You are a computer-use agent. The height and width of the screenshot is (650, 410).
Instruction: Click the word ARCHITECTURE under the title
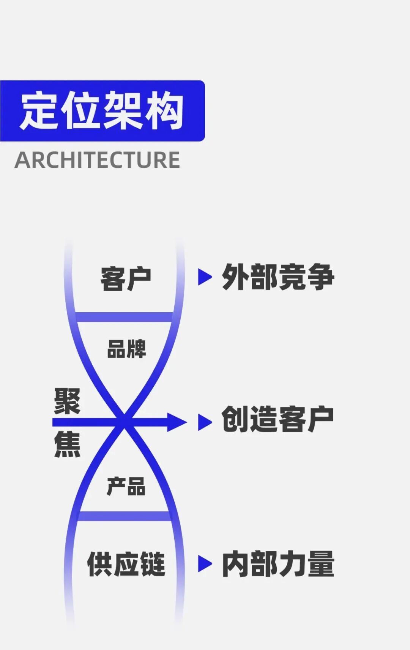coord(97,160)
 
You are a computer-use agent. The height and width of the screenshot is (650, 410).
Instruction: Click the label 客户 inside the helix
coord(126,279)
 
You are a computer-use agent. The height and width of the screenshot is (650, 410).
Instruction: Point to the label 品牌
coord(126,349)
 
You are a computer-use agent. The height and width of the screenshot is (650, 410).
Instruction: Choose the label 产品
coord(126,486)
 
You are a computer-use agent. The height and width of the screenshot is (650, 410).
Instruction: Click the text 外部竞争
coord(278,277)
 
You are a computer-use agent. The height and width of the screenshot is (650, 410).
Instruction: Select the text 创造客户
coord(278,419)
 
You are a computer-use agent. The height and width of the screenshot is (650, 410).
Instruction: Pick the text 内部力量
coord(278,564)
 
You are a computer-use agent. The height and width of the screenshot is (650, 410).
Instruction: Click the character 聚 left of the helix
coord(67,401)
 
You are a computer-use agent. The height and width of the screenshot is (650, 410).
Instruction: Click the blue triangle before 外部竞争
coord(204,277)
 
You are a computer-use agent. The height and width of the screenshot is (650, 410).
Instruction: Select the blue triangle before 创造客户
coord(204,422)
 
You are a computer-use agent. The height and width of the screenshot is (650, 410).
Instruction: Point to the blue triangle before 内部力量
coord(204,564)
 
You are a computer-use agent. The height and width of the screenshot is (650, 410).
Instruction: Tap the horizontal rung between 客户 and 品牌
coord(124,317)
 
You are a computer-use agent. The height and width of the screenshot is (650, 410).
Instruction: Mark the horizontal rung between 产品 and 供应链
coord(124,516)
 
